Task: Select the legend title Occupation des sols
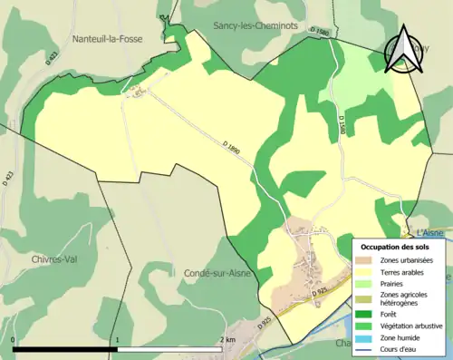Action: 395,247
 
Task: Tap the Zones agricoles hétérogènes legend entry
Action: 404,299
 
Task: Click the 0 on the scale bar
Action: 14,340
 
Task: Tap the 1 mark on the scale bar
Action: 117,340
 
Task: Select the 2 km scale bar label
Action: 227,340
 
